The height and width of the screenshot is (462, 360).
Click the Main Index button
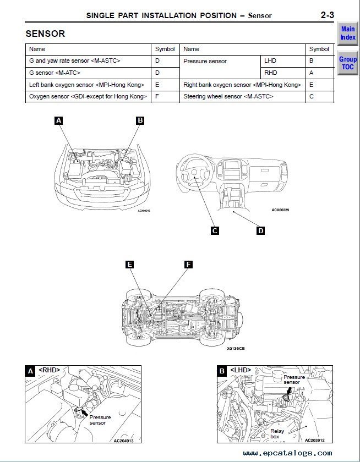(x=347, y=34)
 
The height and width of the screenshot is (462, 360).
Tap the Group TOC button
(x=347, y=63)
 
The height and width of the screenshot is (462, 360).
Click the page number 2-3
(x=326, y=15)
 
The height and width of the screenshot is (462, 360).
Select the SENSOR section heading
(x=45, y=34)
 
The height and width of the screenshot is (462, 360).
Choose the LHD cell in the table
(x=270, y=61)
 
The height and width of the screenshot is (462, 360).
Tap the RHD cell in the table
(x=270, y=73)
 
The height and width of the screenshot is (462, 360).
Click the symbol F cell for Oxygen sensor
(x=157, y=97)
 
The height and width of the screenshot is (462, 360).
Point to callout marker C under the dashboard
(x=215, y=231)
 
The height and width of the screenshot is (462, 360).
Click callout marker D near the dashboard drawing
(x=260, y=231)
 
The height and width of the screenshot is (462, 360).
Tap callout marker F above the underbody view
(x=188, y=265)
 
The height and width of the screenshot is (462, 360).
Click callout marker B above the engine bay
(x=140, y=120)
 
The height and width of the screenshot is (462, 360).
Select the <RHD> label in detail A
(x=49, y=371)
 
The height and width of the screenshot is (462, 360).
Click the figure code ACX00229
(x=280, y=210)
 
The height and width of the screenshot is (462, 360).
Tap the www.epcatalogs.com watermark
(x=287, y=453)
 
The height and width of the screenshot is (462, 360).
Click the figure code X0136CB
(x=236, y=348)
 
